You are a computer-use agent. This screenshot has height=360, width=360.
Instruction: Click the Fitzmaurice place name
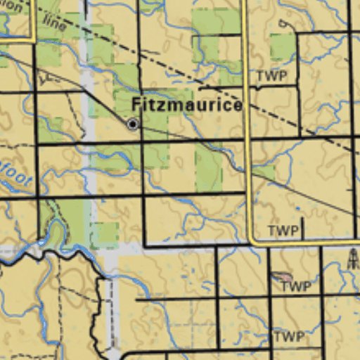click(x=187, y=105)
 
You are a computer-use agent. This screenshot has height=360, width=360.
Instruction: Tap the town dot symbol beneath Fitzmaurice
click(x=132, y=124)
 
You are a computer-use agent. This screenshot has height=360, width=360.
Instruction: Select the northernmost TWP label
click(x=271, y=76)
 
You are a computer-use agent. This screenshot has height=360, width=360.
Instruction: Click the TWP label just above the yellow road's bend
click(x=283, y=231)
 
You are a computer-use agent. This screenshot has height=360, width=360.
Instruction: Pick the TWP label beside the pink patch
click(x=295, y=286)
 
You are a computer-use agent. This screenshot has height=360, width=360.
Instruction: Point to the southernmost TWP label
click(x=289, y=337)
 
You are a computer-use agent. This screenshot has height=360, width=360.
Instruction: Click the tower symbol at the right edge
click(x=353, y=259)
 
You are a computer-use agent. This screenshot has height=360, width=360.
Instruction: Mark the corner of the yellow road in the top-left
click(x=32, y=39)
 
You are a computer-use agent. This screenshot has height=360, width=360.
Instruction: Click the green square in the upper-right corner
click(x=282, y=46)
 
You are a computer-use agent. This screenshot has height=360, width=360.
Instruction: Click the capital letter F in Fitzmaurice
click(x=136, y=105)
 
